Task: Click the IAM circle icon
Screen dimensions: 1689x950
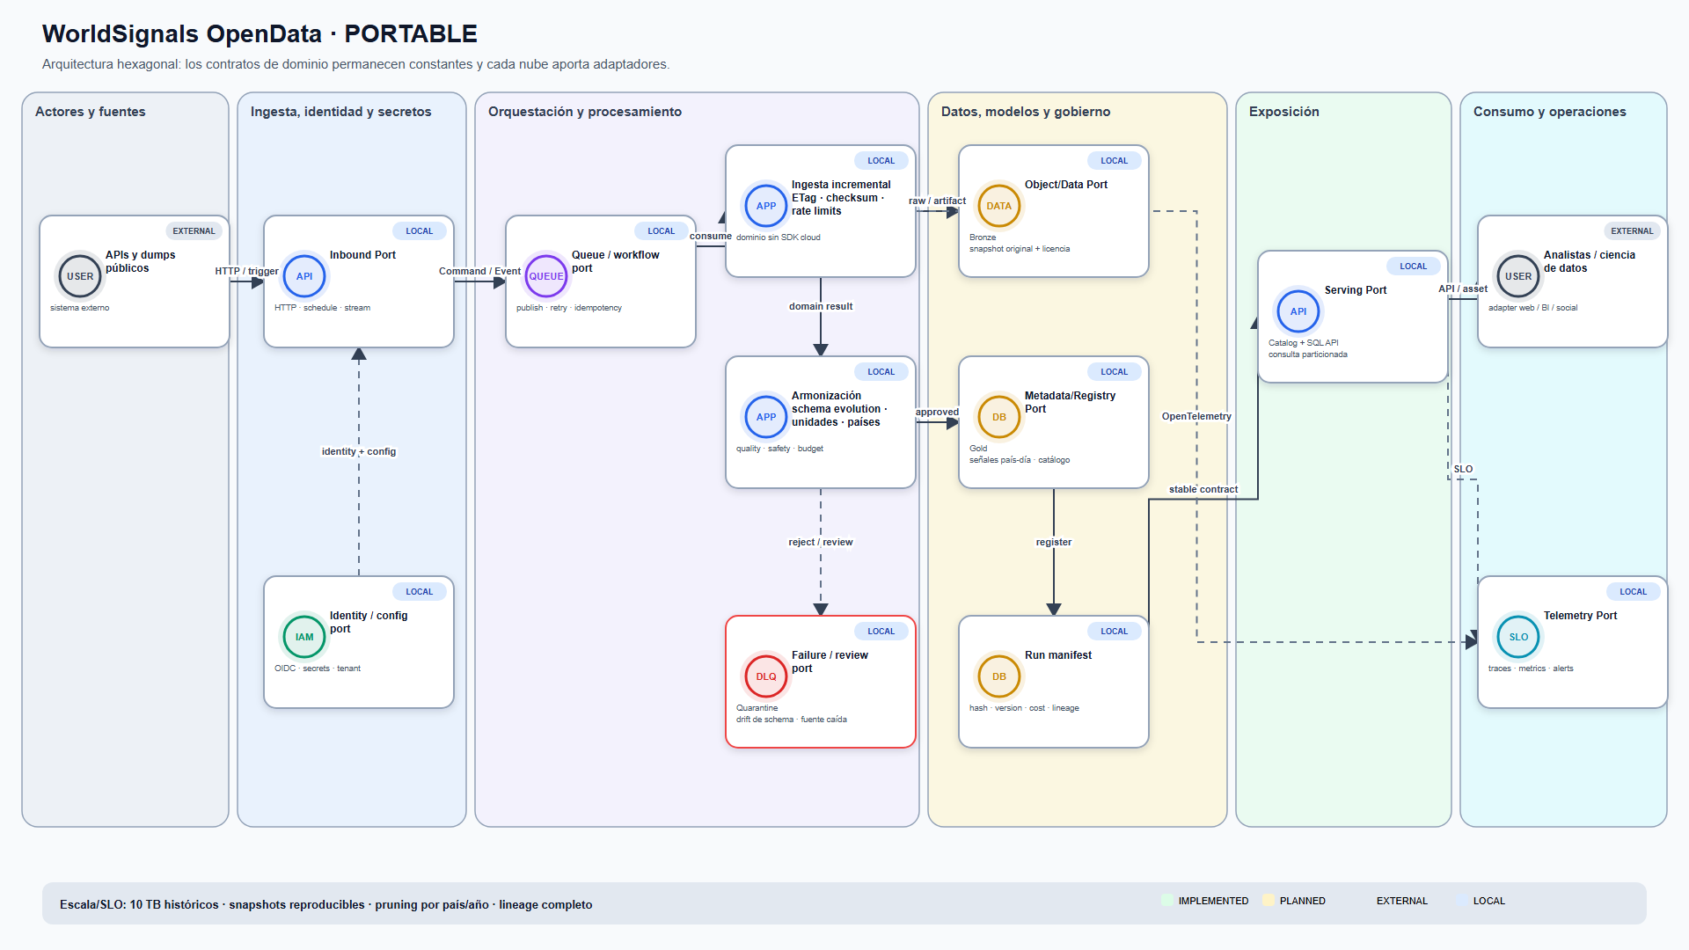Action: [304, 637]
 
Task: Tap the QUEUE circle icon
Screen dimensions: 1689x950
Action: [546, 276]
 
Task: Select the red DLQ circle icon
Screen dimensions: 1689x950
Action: [766, 676]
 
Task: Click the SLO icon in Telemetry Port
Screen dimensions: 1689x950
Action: [1518, 637]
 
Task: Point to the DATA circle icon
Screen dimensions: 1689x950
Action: [999, 206]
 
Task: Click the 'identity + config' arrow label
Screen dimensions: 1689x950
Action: [359, 451]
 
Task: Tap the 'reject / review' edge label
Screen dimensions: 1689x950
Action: [821, 542]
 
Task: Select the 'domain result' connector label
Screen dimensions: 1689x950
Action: [821, 306]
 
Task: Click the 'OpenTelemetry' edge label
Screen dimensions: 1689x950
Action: [1196, 416]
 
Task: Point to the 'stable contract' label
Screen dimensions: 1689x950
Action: [1203, 489]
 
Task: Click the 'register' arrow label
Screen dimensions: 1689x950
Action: [1054, 542]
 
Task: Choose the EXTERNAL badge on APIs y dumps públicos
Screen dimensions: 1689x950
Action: [194, 231]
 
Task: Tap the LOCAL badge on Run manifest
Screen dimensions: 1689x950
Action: [1115, 632]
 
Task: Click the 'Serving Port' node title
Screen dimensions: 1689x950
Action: [1356, 290]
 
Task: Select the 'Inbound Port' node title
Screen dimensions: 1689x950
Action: [362, 255]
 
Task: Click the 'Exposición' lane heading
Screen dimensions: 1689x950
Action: [1284, 112]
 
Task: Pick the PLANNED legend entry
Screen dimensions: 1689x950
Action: [1294, 901]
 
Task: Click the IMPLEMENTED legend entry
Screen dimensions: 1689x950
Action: [1205, 901]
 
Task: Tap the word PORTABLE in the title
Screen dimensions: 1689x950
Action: [411, 33]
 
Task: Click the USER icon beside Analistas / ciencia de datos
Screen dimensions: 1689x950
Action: [1518, 276]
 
